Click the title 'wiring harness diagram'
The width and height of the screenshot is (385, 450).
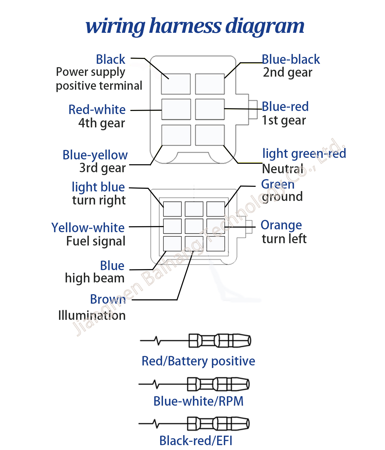click(195, 26)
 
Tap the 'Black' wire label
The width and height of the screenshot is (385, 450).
click(111, 59)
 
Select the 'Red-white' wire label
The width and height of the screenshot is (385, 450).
click(97, 110)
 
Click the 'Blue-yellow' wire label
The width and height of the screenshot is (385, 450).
click(95, 155)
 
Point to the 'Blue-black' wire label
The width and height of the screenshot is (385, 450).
click(291, 59)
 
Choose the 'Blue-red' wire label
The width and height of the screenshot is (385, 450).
click(285, 106)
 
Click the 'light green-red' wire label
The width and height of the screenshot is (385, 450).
click(304, 154)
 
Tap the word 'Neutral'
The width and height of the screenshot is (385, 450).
click(283, 169)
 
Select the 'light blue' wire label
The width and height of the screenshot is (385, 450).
click(98, 187)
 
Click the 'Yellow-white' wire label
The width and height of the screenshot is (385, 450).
click(88, 228)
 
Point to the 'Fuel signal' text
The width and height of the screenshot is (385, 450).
click(96, 241)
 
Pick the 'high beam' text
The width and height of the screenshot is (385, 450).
click(95, 278)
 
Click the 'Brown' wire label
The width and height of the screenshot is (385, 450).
click(108, 299)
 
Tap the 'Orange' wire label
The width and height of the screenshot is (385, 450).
click(281, 226)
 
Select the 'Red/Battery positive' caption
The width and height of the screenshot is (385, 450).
click(198, 361)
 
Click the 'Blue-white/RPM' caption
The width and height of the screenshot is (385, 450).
click(198, 401)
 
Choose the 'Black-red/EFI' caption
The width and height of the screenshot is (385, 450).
click(196, 441)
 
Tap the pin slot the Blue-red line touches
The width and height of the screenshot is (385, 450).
click(210, 109)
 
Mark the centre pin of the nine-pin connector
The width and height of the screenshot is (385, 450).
click(194, 226)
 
